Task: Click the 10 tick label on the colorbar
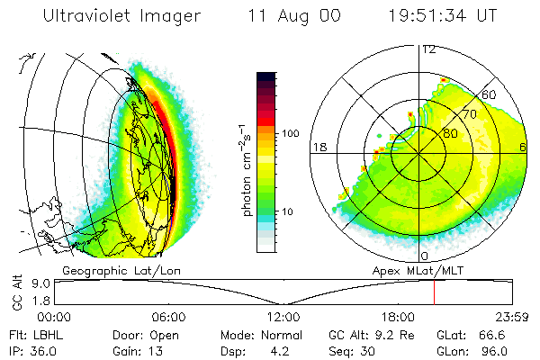[x=288, y=211]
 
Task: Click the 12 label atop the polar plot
[x=428, y=49]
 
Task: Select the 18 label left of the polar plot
[x=319, y=147]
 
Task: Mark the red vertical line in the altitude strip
[x=434, y=292]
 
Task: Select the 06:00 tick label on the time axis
[x=168, y=317]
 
